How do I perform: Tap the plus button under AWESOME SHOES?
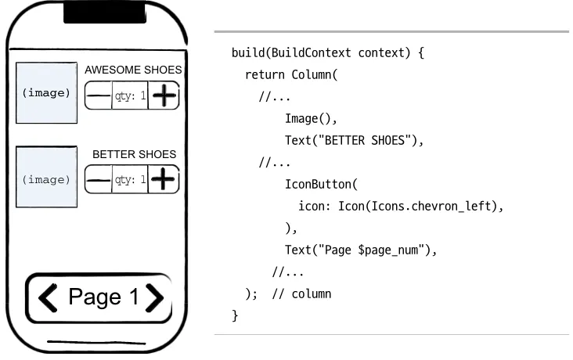164,96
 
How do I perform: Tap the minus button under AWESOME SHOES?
98,96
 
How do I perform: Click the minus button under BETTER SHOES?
98,180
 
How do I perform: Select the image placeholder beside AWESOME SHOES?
46,92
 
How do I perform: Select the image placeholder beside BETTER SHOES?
46,178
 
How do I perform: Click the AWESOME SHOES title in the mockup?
133,70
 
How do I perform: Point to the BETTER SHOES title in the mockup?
134,154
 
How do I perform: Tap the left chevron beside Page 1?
49,297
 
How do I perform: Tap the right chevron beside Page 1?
154,297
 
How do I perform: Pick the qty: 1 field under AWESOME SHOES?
130,96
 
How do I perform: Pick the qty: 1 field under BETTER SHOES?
130,180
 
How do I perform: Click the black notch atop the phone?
104,13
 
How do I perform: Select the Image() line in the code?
311,119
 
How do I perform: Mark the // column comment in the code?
301,294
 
